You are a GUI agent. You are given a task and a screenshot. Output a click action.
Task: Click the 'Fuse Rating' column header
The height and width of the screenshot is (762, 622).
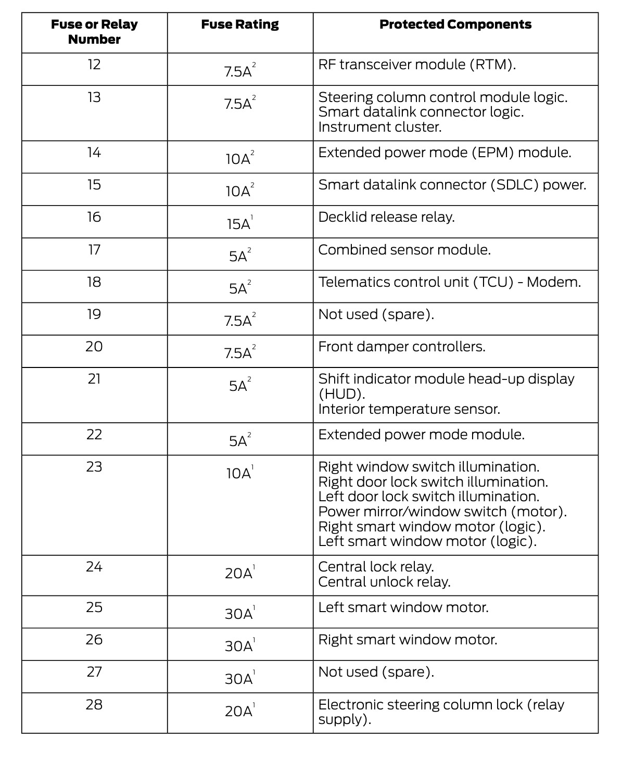[x=240, y=24]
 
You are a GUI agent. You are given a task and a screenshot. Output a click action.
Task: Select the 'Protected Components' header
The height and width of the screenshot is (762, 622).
[x=455, y=24]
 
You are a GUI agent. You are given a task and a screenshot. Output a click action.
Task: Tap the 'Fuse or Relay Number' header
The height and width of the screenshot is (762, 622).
[x=94, y=32]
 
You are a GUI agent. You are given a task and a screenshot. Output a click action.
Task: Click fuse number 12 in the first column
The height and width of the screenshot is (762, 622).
[x=94, y=65]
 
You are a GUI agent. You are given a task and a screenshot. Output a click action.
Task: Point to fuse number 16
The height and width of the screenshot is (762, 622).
[x=94, y=217]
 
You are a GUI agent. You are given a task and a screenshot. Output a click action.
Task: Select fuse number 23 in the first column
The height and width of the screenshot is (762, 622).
[x=94, y=467]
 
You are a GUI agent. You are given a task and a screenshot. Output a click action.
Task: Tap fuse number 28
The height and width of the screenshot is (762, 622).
[x=94, y=705]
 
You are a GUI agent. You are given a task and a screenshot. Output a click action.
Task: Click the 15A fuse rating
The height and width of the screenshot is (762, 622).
[x=239, y=224]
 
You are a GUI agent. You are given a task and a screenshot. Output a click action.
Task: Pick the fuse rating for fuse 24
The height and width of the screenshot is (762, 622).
[x=239, y=573]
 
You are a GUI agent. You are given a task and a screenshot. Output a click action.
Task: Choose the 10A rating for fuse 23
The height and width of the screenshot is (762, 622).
[x=239, y=473]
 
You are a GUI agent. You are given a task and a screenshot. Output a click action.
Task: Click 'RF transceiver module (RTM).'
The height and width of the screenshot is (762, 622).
[x=417, y=65]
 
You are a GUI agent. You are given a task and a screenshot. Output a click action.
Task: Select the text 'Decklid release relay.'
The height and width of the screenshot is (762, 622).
[x=386, y=217]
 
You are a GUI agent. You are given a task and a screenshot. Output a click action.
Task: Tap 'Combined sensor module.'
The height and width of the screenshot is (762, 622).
[x=404, y=250]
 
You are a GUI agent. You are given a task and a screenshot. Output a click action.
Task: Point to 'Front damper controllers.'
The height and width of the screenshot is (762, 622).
[x=402, y=347]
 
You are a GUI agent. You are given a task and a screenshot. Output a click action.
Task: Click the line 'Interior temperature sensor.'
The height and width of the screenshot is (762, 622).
[x=409, y=409]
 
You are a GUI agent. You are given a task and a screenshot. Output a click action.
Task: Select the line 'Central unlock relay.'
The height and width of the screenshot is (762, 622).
[x=384, y=582]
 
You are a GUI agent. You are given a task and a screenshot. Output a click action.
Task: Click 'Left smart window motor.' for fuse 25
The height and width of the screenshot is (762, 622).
[x=403, y=607]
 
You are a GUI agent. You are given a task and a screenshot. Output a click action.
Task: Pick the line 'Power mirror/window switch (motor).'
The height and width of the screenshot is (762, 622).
[x=442, y=512]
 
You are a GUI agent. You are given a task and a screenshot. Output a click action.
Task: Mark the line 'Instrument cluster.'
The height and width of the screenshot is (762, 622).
[x=380, y=127]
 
